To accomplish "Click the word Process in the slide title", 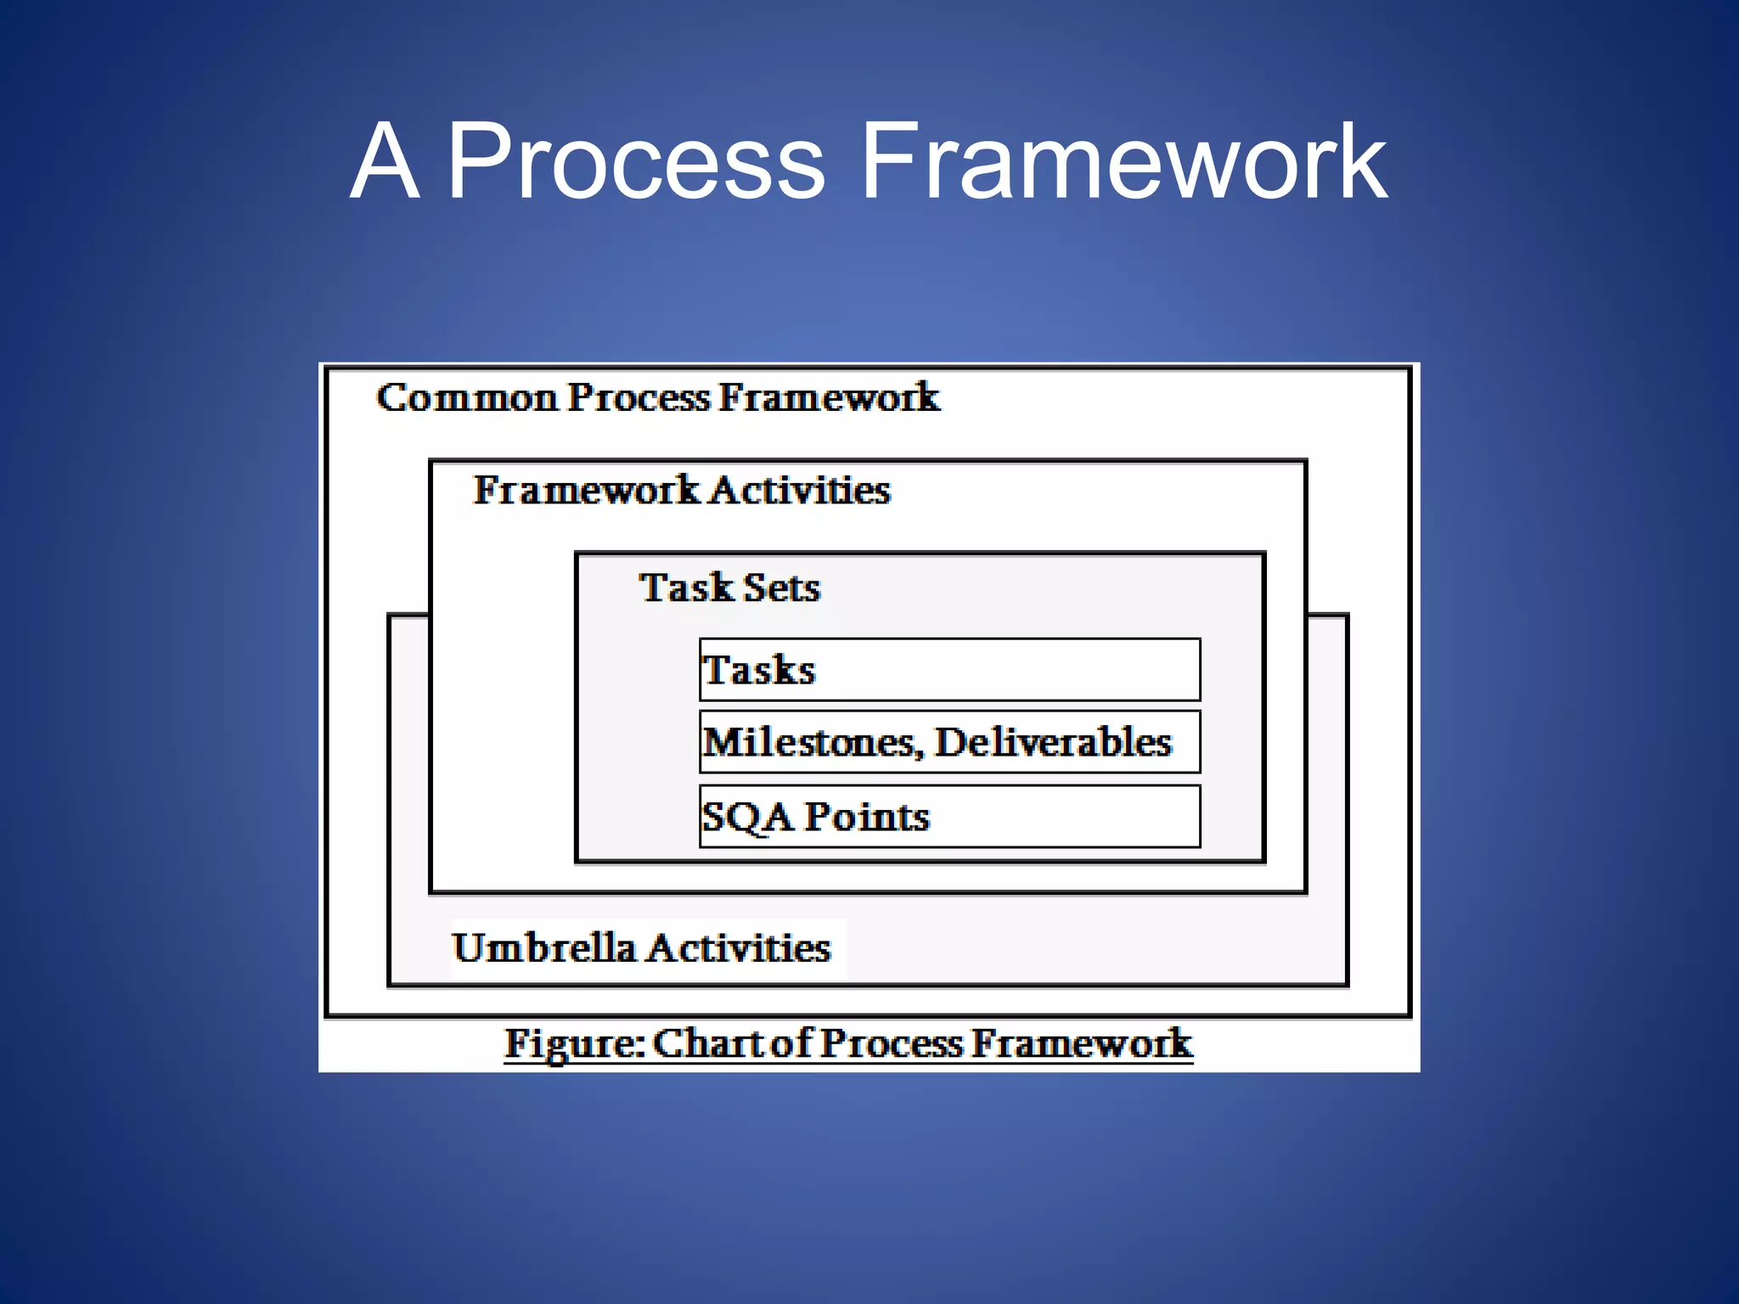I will [x=635, y=161].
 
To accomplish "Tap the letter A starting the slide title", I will [x=384, y=161].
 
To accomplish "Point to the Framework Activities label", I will [x=681, y=490].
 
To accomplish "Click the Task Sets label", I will [x=729, y=587].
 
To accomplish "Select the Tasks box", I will [x=949, y=669].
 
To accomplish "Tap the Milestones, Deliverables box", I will [x=949, y=742].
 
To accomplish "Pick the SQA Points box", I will [x=949, y=816].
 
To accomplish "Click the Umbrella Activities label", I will [x=641, y=947].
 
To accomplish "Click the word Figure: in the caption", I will [x=575, y=1043].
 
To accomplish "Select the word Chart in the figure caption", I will [x=708, y=1043].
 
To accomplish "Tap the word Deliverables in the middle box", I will [x=1053, y=742].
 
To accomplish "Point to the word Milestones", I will [x=811, y=742].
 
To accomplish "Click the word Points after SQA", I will [x=866, y=817].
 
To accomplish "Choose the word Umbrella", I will [x=543, y=947].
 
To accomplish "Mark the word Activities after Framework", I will [x=799, y=490].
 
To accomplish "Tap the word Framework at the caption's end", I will [x=1082, y=1043].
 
